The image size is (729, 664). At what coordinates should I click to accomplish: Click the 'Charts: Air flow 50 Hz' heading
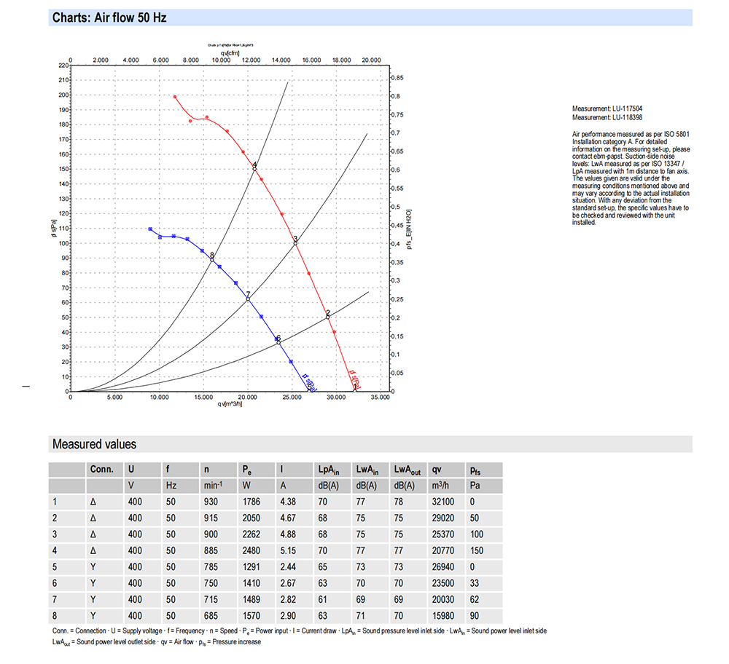(109, 17)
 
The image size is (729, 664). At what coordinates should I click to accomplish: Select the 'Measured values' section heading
(94, 444)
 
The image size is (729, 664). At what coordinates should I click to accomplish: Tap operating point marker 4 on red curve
(254, 168)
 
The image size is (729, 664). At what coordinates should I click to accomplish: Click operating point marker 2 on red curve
(328, 317)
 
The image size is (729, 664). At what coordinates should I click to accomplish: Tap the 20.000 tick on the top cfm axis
(372, 60)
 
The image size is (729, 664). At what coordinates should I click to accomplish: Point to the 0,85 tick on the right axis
(398, 77)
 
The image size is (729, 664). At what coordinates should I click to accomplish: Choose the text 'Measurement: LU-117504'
(607, 109)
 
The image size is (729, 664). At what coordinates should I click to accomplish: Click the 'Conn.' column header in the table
(101, 469)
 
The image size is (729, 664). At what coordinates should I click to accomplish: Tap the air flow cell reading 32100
(444, 502)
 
